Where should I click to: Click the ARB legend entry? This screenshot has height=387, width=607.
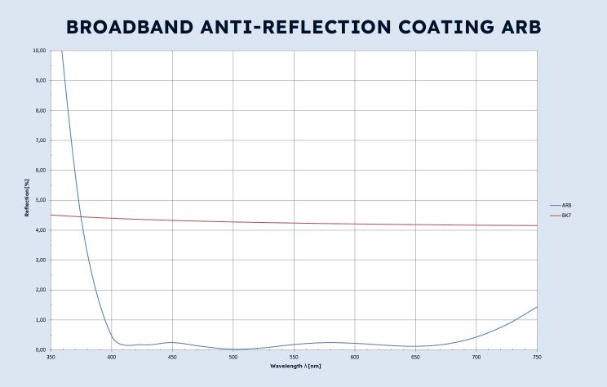pos(566,205)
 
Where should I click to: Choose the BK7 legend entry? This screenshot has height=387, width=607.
pos(566,215)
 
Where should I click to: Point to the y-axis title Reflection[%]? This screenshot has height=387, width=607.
pos(27,200)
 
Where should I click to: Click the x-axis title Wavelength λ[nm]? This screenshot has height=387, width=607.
pos(295,366)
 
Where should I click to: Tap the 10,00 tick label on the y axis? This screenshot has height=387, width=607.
pos(39,51)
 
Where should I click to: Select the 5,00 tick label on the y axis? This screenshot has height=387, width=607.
pos(41,200)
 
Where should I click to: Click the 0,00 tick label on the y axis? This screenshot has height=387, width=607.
pos(41,349)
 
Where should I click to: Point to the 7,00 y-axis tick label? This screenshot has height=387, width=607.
pos(41,140)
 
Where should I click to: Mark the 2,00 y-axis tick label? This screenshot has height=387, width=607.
pos(41,290)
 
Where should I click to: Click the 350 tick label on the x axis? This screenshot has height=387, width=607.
pos(51,357)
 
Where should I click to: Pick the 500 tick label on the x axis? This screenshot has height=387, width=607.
pos(233,357)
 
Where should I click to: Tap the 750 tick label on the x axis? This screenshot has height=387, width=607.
pos(537,357)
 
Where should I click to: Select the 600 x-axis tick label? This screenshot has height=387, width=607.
pos(355,357)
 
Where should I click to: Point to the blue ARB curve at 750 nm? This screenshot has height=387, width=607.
pos(537,306)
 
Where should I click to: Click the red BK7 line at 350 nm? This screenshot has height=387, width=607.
pos(51,215)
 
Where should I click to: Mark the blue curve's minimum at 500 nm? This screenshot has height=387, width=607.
pos(233,349)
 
